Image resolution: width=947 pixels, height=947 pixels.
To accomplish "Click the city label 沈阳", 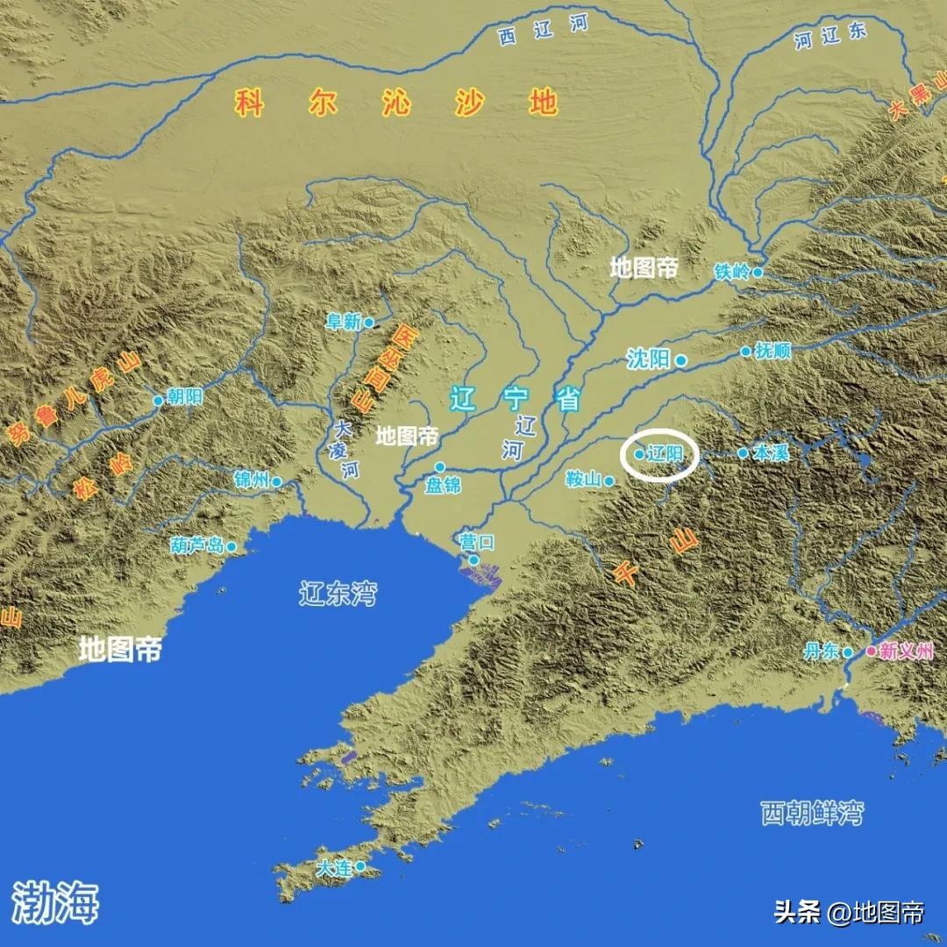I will (648, 359).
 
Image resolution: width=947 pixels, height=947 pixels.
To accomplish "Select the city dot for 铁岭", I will (758, 273).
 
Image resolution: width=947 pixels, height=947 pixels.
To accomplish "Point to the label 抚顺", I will (773, 351).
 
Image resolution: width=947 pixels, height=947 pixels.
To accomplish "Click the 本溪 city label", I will (772, 453).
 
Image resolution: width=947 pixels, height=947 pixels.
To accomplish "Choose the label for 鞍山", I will (583, 480).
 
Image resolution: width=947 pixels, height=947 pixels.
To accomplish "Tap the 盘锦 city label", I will (443, 485).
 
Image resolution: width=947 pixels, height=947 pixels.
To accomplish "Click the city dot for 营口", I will (473, 559).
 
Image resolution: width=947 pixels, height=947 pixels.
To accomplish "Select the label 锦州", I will (252, 480).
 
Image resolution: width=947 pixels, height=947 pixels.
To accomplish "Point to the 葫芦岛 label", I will (197, 546).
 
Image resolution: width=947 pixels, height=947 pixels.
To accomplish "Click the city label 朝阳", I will (185, 397).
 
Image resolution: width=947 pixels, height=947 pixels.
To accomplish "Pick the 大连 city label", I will (334, 868).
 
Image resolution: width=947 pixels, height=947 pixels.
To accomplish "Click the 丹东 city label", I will (822, 652).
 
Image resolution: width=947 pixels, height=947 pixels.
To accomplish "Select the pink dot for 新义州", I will (871, 652).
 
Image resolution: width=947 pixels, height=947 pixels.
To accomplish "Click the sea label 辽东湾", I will (338, 594).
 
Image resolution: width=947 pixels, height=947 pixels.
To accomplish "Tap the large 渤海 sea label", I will (55, 901).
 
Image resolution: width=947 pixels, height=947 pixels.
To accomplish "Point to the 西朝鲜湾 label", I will (811, 813).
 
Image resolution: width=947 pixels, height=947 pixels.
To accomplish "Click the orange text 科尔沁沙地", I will (396, 103).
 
